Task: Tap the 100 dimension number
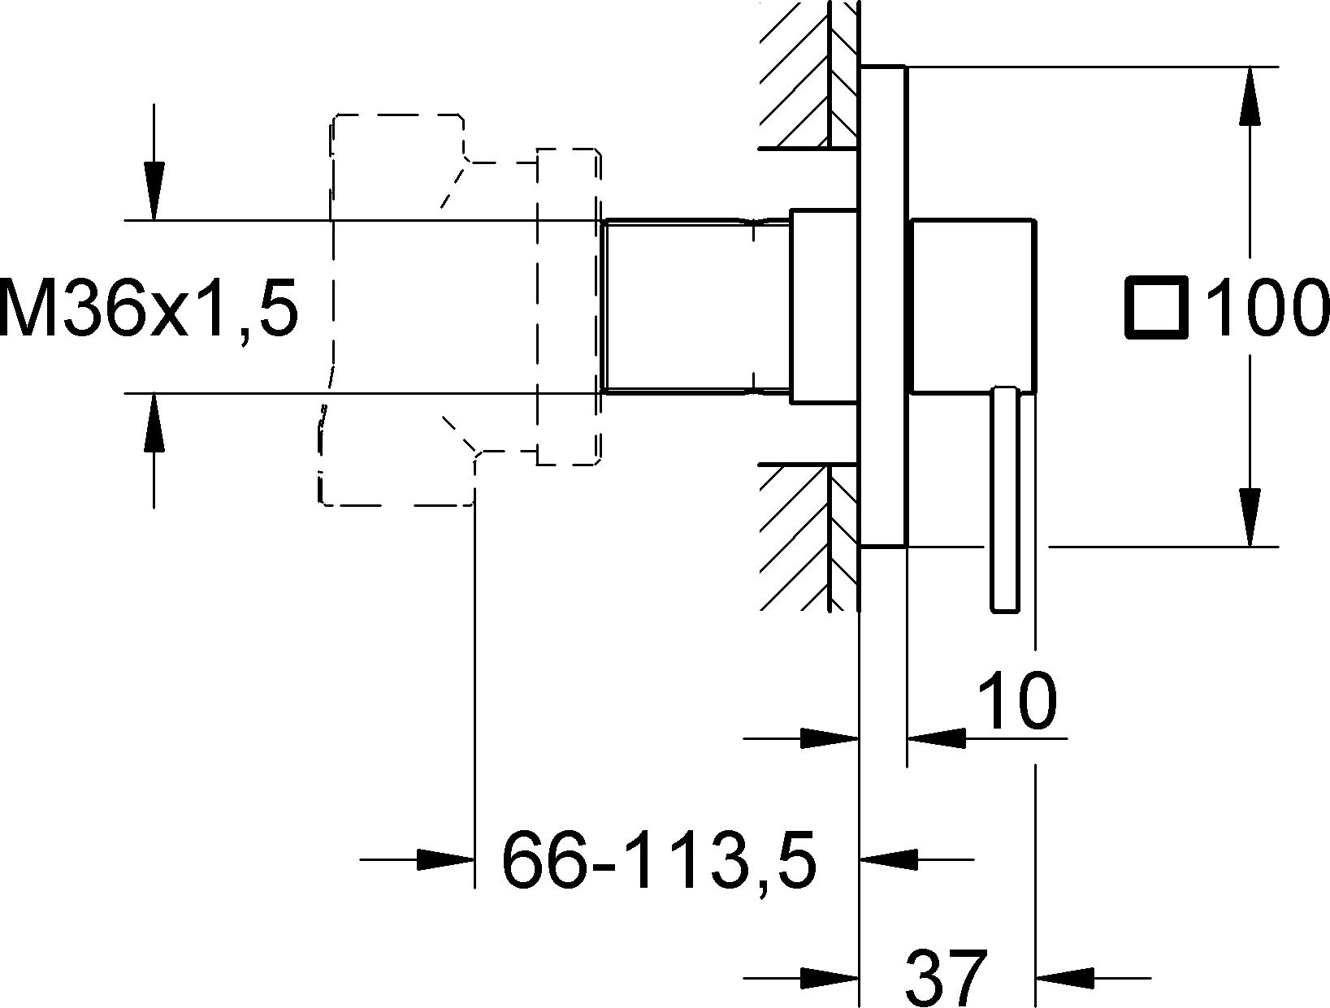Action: (x=1264, y=308)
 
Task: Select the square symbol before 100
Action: (x=1155, y=306)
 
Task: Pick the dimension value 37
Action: (x=946, y=977)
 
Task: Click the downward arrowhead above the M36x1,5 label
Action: (x=154, y=191)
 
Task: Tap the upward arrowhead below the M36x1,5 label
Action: (x=154, y=422)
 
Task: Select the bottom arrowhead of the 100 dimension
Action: (x=1250, y=517)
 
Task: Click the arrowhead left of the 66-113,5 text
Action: (x=444, y=859)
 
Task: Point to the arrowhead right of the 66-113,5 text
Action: (x=889, y=859)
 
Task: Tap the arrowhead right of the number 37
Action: (x=1064, y=978)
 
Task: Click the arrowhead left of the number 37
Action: (x=830, y=978)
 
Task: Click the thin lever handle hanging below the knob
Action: (x=1005, y=500)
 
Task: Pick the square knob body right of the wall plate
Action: (x=973, y=305)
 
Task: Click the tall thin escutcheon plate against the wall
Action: (x=883, y=306)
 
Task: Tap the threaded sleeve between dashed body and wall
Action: (x=696, y=306)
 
